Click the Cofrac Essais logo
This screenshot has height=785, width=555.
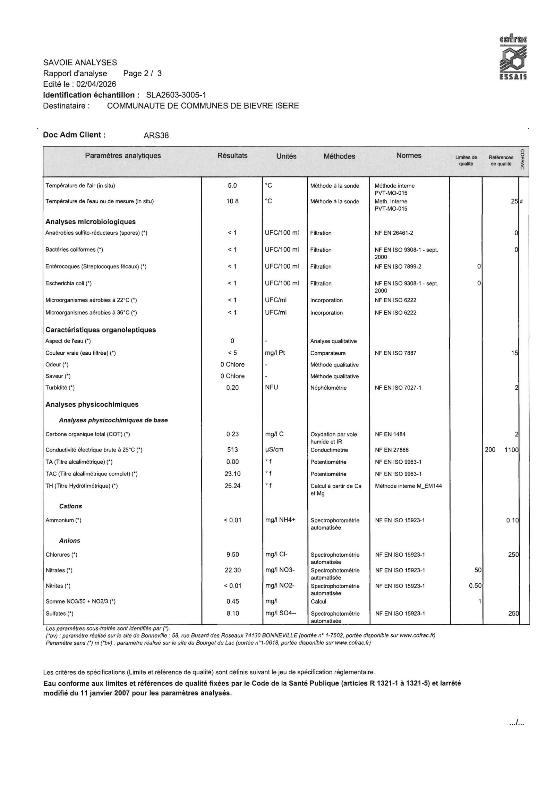pyautogui.click(x=513, y=57)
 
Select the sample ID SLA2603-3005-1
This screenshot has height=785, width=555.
pyautogui.click(x=176, y=95)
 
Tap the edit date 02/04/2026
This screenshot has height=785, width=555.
pyautogui.click(x=96, y=84)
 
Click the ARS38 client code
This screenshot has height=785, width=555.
pyautogui.click(x=156, y=136)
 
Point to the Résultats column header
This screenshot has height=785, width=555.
pyautogui.click(x=232, y=156)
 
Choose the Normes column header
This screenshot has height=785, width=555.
pyautogui.click(x=409, y=156)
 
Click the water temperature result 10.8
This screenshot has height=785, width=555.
pyautogui.click(x=232, y=201)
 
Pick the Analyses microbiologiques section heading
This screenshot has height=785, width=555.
pyautogui.click(x=91, y=222)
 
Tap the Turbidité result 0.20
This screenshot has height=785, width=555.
pyautogui.click(x=232, y=388)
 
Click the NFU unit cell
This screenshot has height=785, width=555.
pyautogui.click(x=272, y=387)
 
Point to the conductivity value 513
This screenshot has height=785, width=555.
pyautogui.click(x=232, y=450)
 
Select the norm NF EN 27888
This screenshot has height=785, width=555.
pyautogui.click(x=392, y=450)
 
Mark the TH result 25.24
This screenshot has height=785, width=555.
pyautogui.click(x=232, y=486)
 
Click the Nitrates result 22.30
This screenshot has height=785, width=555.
pyautogui.click(x=232, y=570)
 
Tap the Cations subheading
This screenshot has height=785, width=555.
pyautogui.click(x=70, y=506)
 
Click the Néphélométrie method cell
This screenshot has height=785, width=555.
pyautogui.click(x=328, y=388)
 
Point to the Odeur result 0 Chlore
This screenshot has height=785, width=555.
pyautogui.click(x=232, y=364)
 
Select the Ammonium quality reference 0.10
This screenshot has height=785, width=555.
pyautogui.click(x=512, y=520)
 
